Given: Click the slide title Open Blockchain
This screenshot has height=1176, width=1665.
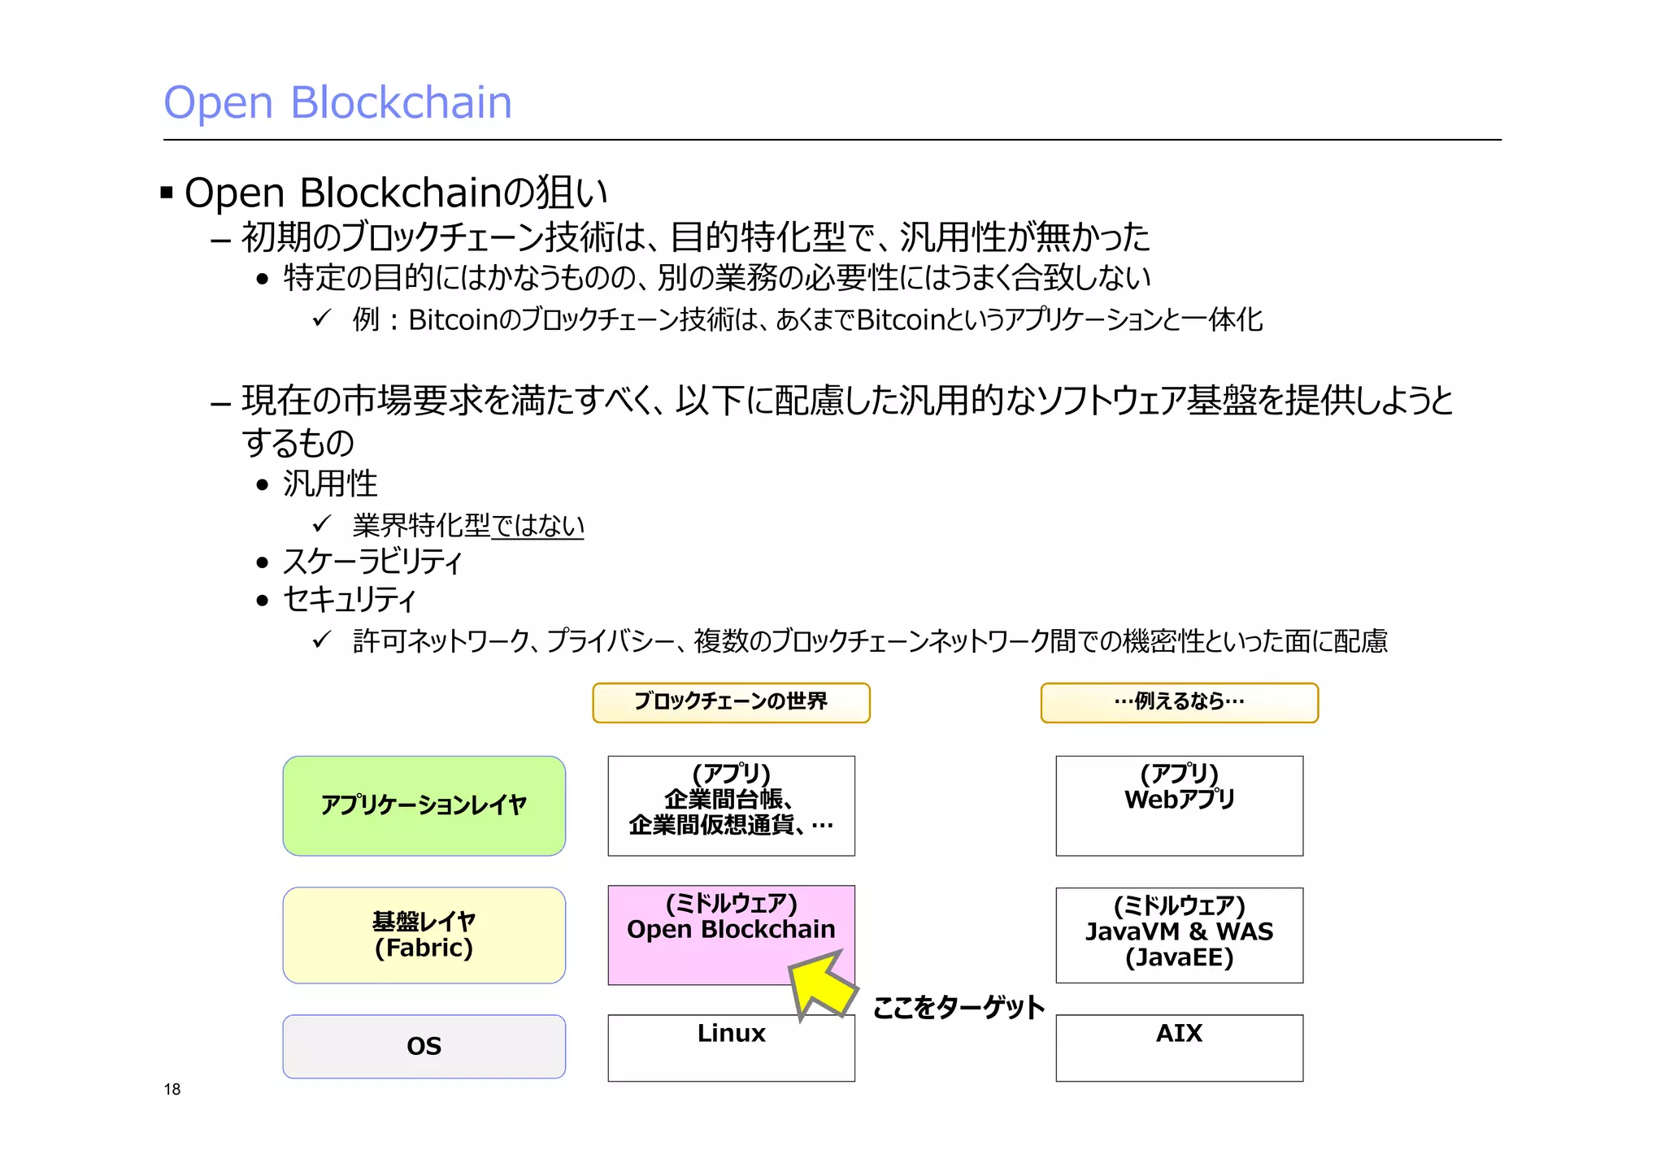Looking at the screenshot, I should (x=337, y=103).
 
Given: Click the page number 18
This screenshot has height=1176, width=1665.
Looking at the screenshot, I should (x=172, y=1089).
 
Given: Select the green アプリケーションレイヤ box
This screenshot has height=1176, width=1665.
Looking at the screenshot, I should (x=424, y=805).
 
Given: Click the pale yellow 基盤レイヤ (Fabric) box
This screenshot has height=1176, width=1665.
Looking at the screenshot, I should (x=424, y=935).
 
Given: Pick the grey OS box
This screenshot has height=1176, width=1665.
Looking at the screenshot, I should (x=424, y=1046).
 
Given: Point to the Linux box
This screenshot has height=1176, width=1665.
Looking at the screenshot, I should (x=731, y=1048).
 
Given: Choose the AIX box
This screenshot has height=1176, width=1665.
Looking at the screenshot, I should (x=1179, y=1048).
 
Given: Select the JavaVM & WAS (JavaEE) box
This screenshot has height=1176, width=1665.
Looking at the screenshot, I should (x=1179, y=935).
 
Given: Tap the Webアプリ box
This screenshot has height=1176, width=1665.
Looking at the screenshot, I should (x=1179, y=805).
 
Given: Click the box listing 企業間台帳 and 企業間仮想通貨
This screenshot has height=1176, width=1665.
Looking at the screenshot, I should (x=731, y=805).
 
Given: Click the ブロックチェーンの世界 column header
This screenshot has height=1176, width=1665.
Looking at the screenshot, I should (x=731, y=702).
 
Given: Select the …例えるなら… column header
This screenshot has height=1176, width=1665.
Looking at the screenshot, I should (x=1179, y=702).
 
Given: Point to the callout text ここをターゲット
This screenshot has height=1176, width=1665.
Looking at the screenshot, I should (x=958, y=1008).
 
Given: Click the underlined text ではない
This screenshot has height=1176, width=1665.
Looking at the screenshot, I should (x=537, y=526).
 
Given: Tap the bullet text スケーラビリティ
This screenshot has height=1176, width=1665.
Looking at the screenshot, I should (x=372, y=562).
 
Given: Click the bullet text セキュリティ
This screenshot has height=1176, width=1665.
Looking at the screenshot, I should (x=350, y=600).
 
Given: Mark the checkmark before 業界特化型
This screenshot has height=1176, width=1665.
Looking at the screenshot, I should (x=322, y=523).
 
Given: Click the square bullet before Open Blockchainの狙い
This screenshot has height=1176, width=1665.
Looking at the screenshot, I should (x=167, y=193).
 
